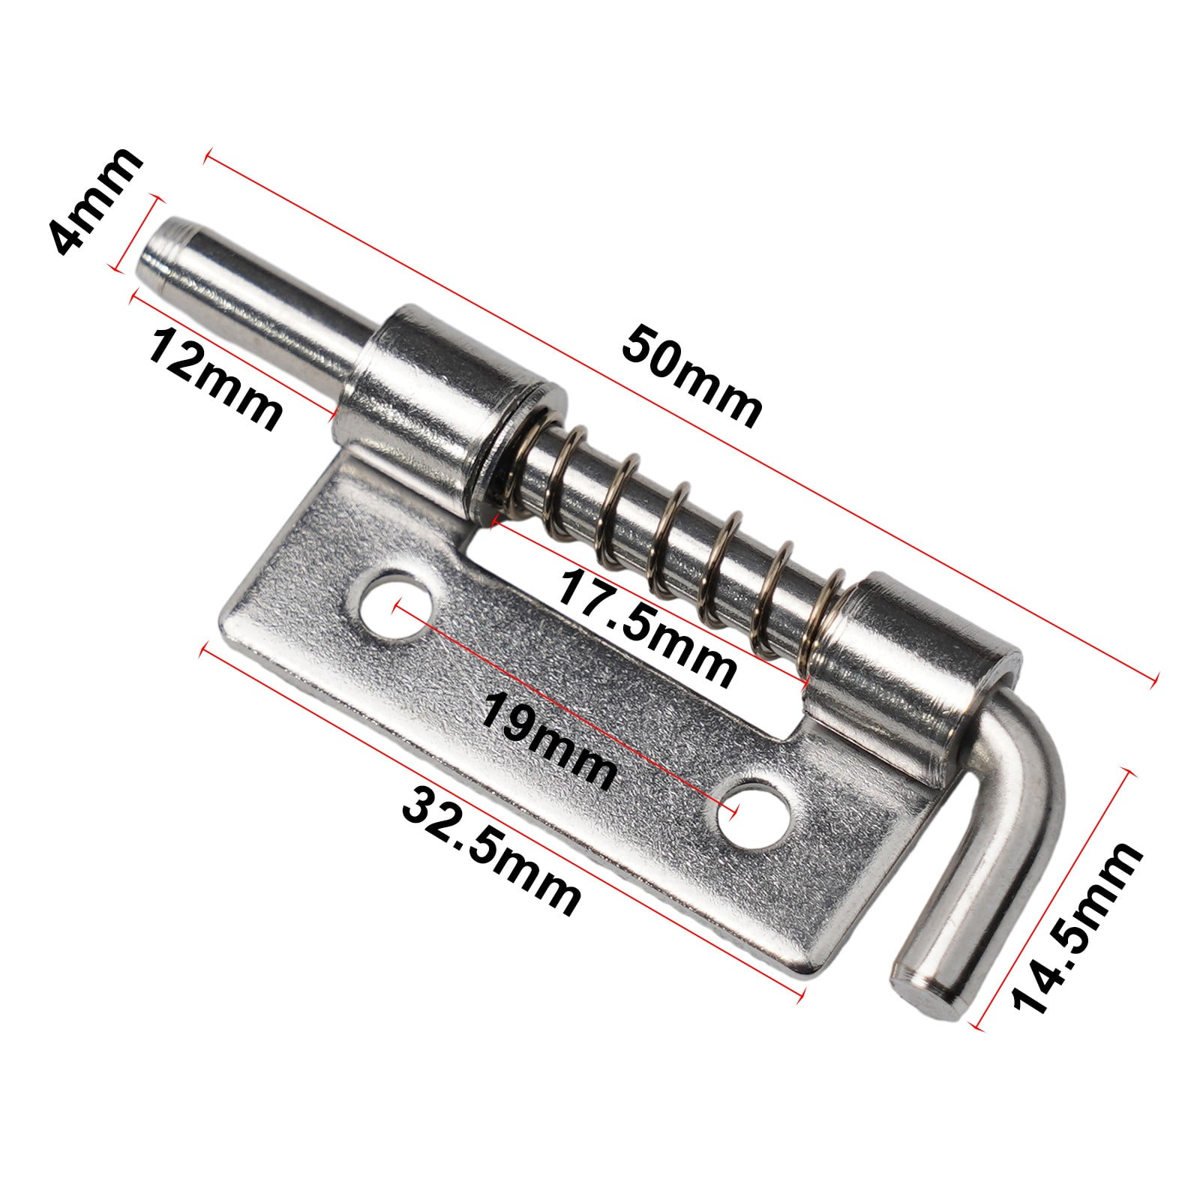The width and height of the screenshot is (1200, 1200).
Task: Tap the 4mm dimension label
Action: [93, 199]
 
